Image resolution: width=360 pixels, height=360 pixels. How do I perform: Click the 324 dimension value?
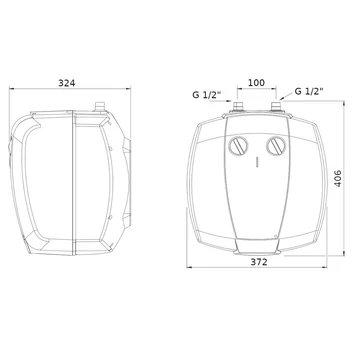[67, 83]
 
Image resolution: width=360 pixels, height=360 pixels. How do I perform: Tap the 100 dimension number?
[256, 83]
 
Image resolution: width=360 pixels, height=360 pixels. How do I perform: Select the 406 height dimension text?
[338, 178]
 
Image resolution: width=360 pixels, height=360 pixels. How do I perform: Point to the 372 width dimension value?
[259, 262]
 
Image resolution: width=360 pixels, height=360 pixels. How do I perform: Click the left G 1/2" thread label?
[207, 95]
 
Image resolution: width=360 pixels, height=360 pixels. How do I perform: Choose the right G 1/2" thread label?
[309, 91]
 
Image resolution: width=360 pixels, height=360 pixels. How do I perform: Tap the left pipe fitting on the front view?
[238, 107]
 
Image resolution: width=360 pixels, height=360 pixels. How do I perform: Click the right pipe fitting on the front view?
[276, 107]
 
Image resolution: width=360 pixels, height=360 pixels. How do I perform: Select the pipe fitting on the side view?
[100, 107]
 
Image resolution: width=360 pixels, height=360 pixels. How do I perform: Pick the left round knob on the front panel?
[238, 146]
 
